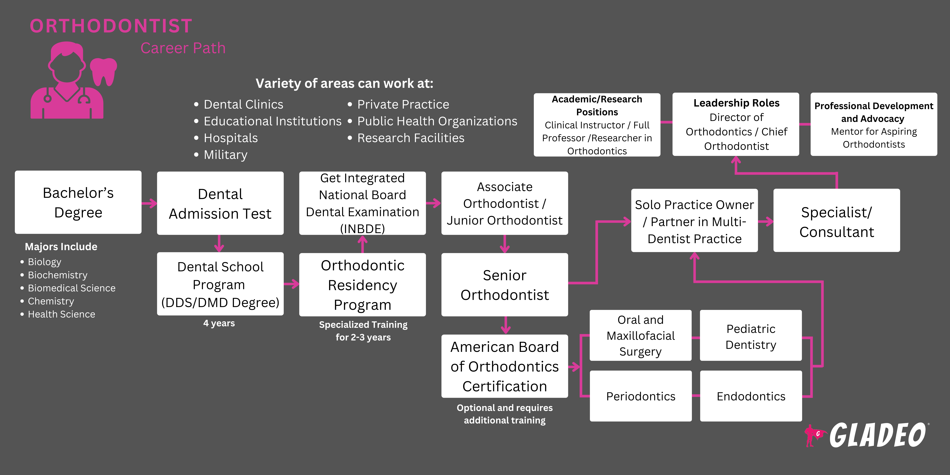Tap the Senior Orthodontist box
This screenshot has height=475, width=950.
(x=505, y=285)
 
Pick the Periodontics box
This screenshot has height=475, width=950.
(x=641, y=396)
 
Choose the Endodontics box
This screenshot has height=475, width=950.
(x=751, y=396)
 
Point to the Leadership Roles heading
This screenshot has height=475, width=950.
(x=736, y=103)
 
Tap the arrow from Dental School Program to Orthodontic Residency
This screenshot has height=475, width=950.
(x=291, y=284)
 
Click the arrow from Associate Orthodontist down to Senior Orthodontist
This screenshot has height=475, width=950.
(x=505, y=244)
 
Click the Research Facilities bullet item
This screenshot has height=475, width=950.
(x=410, y=138)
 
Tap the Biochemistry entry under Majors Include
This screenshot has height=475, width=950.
(x=58, y=275)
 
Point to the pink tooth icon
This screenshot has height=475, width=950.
(x=103, y=71)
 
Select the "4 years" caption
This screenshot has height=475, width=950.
(x=219, y=323)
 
